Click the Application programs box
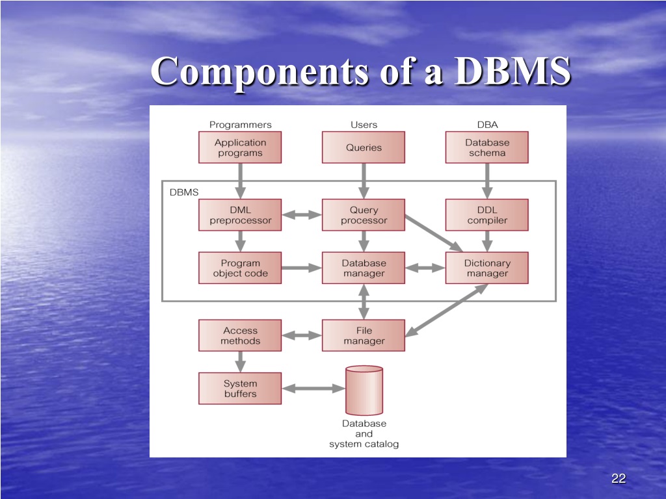coord(240,147)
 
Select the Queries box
coord(364,147)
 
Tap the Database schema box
coord(486,147)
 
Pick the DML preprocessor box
coord(240,215)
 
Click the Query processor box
coord(364,215)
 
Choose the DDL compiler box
coord(486,215)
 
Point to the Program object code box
coord(240,268)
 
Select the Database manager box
coord(364,268)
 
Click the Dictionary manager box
coord(486,268)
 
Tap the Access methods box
coord(240,335)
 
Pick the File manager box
coord(364,335)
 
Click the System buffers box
coord(240,389)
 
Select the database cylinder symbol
coord(364,390)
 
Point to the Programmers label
coord(241,125)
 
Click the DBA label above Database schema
coord(487,125)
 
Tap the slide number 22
coord(619,479)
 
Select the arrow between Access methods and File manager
coord(302,336)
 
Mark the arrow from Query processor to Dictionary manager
coord(434,233)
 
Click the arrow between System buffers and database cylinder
coord(313,389)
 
